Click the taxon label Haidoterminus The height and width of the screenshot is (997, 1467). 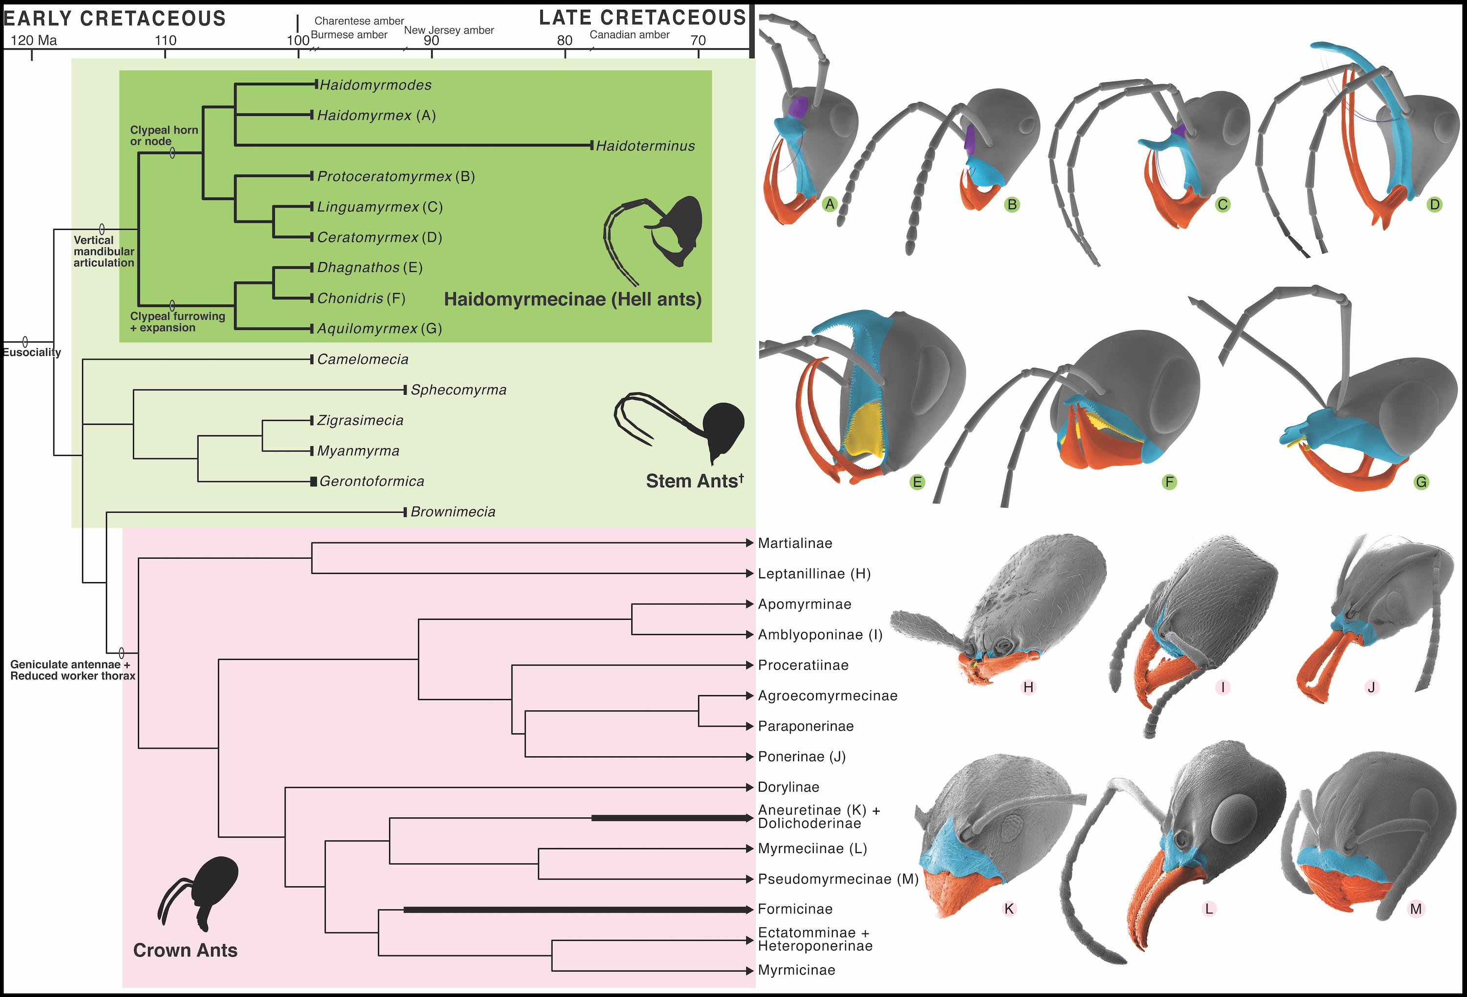pos(645,146)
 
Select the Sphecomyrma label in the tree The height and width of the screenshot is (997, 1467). pos(458,390)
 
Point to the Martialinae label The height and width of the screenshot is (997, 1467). pos(795,543)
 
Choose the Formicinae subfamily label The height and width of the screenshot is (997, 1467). pos(795,909)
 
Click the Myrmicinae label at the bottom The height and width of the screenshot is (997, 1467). pos(796,971)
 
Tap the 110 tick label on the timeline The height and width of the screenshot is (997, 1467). pos(165,41)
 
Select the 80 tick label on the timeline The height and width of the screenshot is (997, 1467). pos(564,41)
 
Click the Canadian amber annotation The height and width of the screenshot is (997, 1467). pos(629,35)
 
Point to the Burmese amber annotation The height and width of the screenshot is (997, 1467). pos(349,35)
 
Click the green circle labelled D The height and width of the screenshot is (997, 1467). pos(1434,204)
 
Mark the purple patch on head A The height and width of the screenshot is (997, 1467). pos(799,107)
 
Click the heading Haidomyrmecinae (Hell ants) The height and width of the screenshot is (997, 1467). pos(573,299)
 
